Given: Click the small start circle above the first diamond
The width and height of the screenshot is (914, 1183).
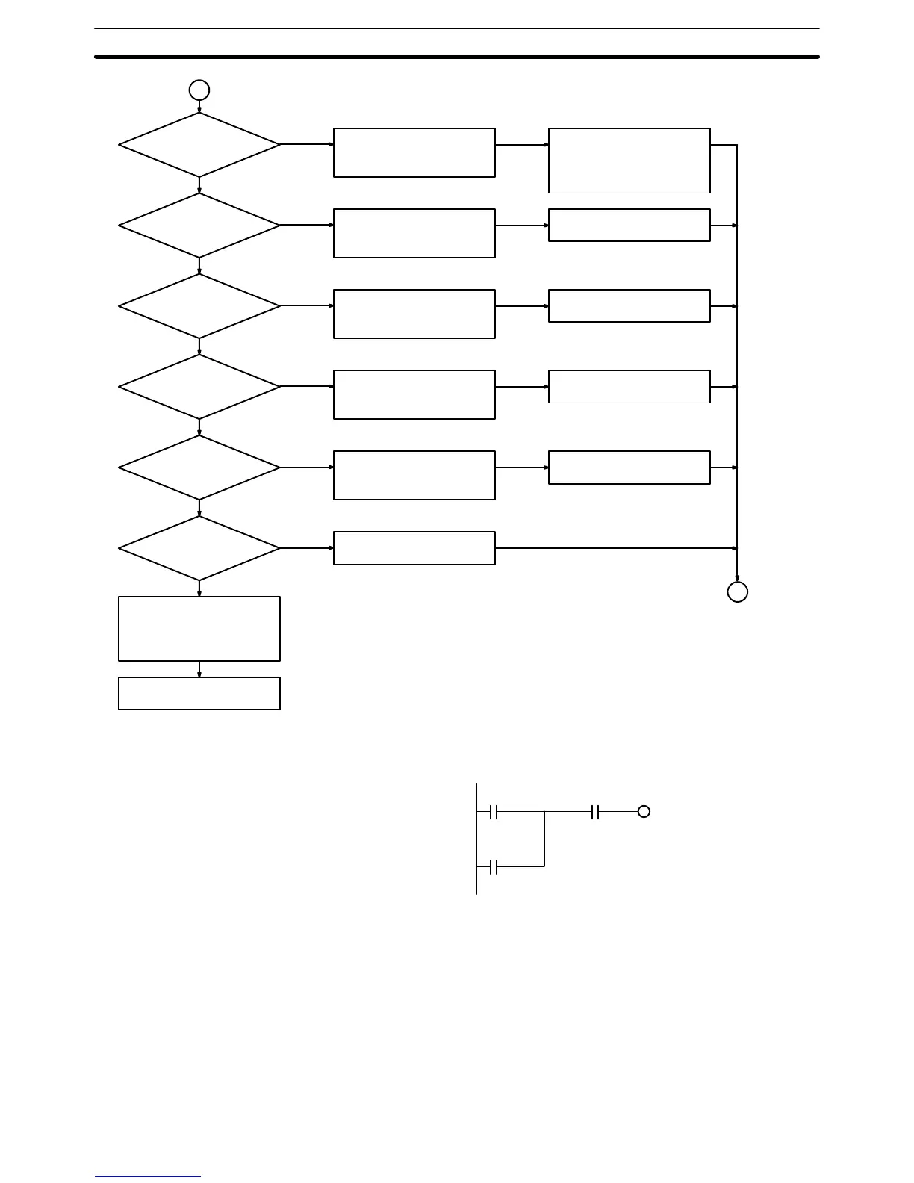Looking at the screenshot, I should pyautogui.click(x=199, y=90).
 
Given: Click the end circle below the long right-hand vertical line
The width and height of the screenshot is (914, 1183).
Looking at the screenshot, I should pyautogui.click(x=738, y=591).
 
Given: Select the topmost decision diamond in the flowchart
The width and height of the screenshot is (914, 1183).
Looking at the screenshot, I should pyautogui.click(x=199, y=145).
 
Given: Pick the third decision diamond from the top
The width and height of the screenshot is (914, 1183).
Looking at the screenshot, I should pyautogui.click(x=199, y=306).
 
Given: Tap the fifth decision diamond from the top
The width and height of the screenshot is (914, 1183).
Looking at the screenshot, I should pyautogui.click(x=199, y=468).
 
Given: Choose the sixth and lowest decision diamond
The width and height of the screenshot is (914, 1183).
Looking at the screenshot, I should pyautogui.click(x=199, y=548).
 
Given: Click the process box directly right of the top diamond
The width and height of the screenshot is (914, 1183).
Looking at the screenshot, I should pyautogui.click(x=414, y=152).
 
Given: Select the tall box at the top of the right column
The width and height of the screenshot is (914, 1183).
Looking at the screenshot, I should pyautogui.click(x=629, y=161).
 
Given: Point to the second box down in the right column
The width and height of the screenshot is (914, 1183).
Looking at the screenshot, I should pyautogui.click(x=629, y=225).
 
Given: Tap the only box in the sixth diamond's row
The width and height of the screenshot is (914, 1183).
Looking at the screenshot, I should pyautogui.click(x=414, y=548).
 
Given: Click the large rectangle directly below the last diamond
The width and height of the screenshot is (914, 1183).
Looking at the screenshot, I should pyautogui.click(x=199, y=629).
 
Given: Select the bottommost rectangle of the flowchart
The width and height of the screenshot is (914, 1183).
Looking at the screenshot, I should pyautogui.click(x=199, y=693).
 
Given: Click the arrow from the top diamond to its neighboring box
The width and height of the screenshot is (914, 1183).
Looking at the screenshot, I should pyautogui.click(x=307, y=144).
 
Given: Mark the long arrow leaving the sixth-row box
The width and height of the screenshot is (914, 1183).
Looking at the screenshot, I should pyautogui.click(x=616, y=548).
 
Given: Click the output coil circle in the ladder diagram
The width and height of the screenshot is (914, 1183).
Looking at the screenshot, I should pyautogui.click(x=644, y=812).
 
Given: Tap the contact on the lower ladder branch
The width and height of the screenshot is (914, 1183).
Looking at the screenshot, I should pyautogui.click(x=494, y=866).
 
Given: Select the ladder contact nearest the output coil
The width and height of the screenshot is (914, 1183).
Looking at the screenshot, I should pyautogui.click(x=595, y=812).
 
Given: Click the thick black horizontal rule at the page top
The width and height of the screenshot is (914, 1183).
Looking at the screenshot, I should pyautogui.click(x=457, y=56).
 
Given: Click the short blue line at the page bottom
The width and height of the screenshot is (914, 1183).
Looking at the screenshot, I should pyautogui.click(x=148, y=1177).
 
